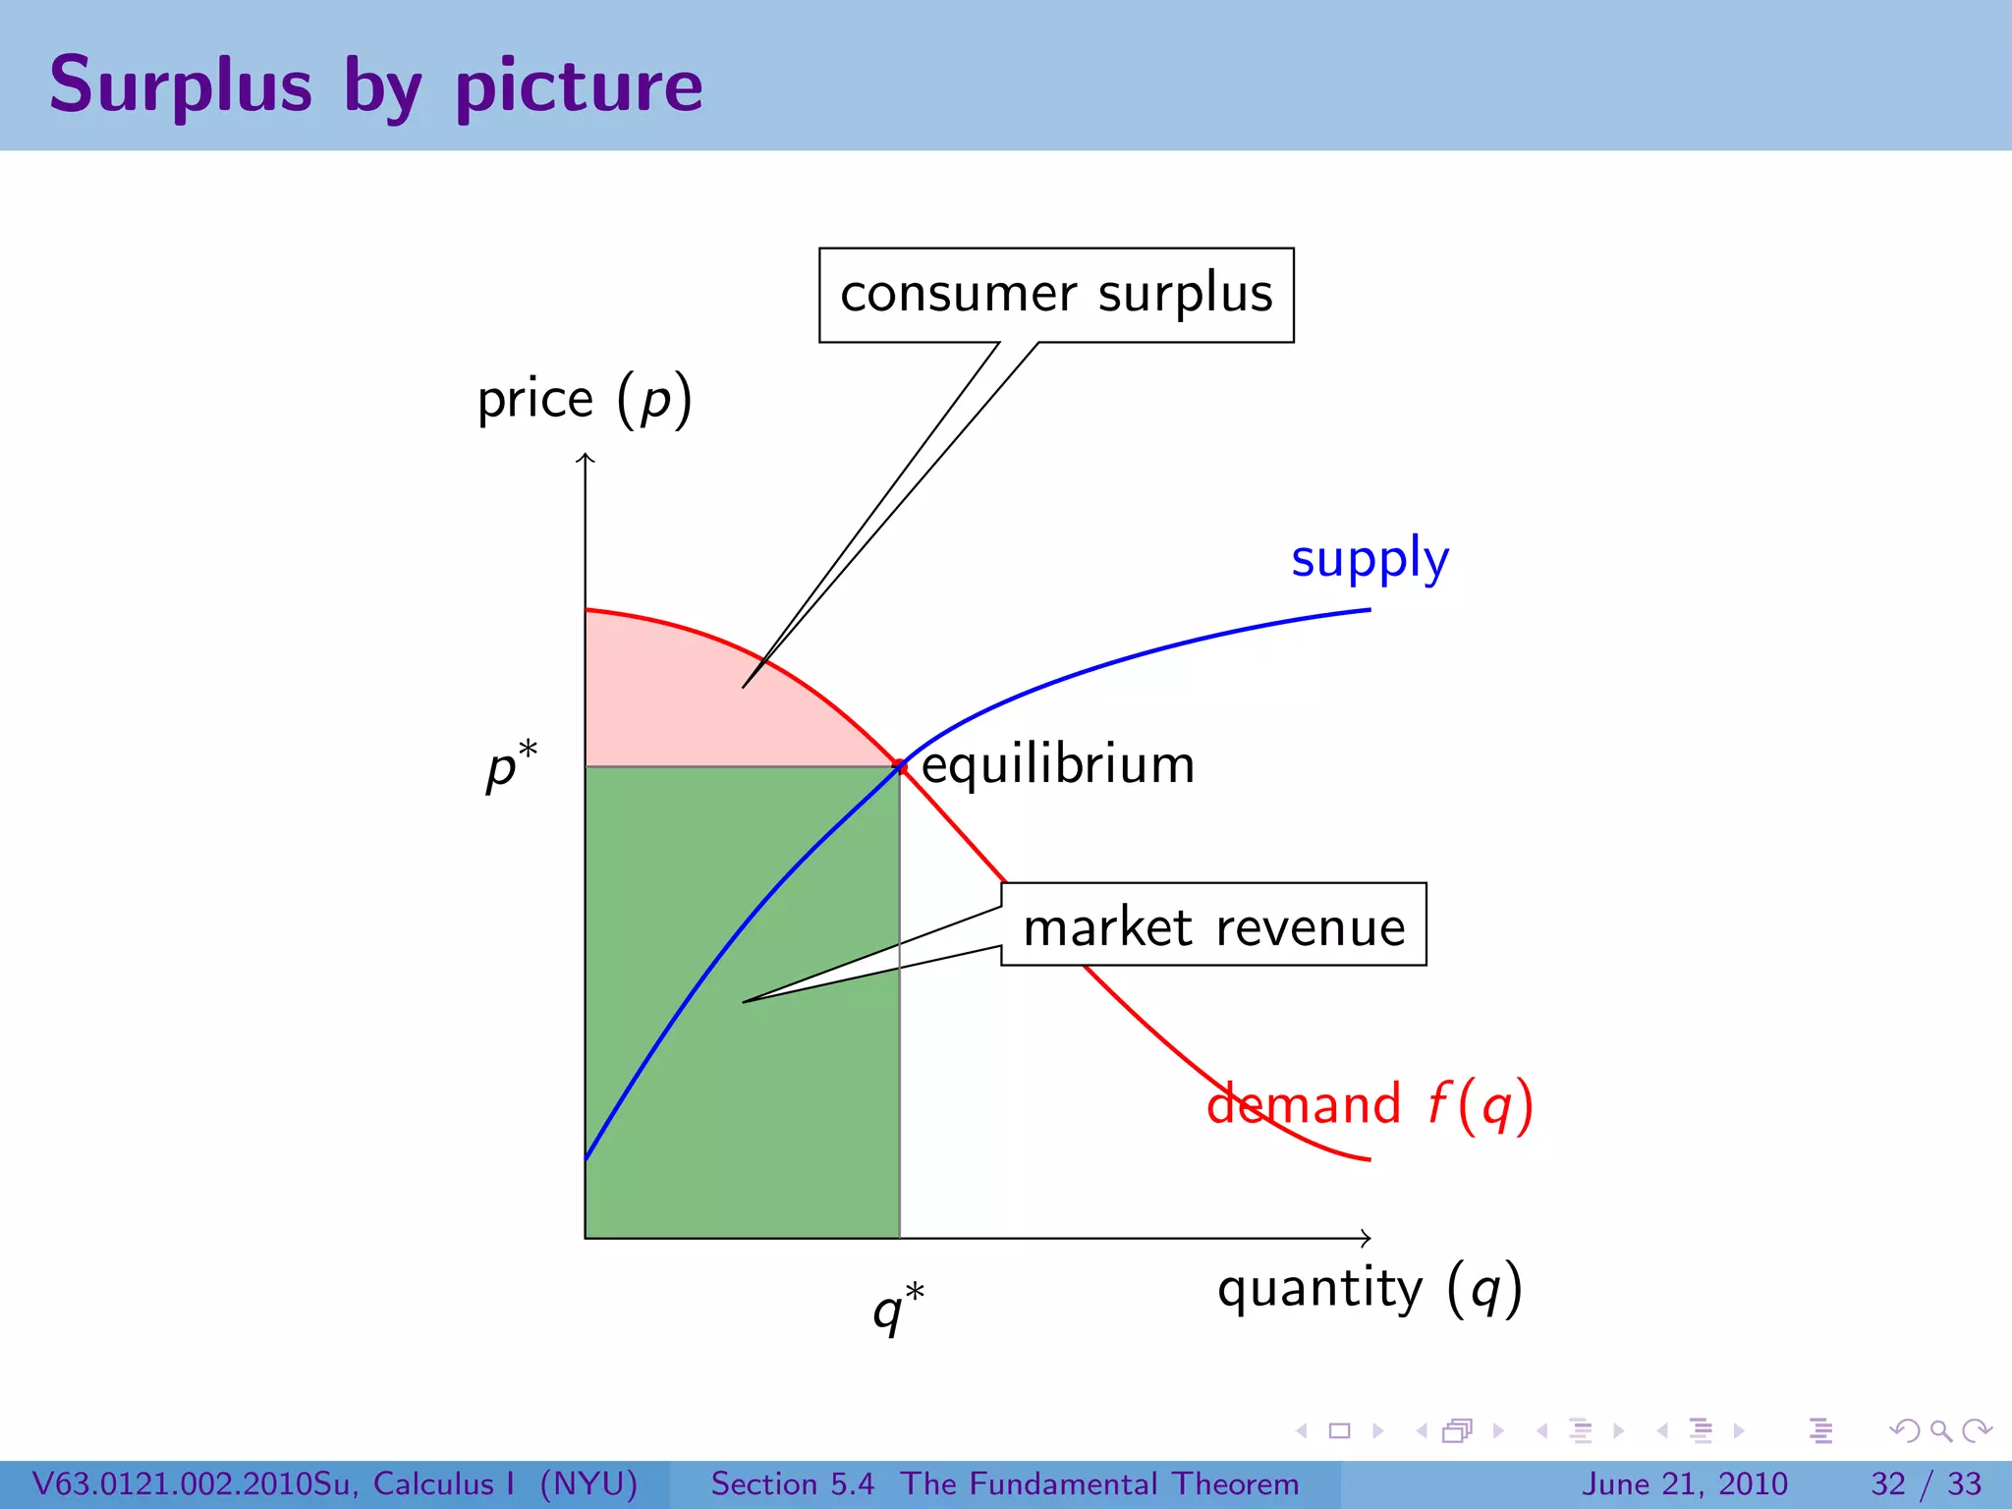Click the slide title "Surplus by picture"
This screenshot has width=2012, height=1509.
click(x=375, y=86)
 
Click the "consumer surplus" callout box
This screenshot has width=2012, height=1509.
click(x=1056, y=294)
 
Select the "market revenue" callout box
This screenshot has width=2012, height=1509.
click(x=1213, y=925)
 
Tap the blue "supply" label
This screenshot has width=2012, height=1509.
click(x=1369, y=558)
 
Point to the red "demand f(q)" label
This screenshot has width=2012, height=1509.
click(x=1369, y=1104)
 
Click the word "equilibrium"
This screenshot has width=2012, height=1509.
click(x=1058, y=764)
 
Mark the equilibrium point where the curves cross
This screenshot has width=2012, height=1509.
click(x=899, y=766)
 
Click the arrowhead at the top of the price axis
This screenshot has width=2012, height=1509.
click(x=586, y=457)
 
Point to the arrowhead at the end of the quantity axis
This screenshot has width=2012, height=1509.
click(x=1367, y=1238)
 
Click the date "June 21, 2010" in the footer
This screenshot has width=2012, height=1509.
click(x=1684, y=1483)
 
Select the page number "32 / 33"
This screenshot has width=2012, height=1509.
click(x=1926, y=1483)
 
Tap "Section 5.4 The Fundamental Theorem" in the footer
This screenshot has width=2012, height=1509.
click(x=1004, y=1483)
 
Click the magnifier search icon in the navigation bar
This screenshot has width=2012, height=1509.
click(x=1940, y=1430)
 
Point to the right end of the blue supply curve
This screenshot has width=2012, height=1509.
click(x=1368, y=610)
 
